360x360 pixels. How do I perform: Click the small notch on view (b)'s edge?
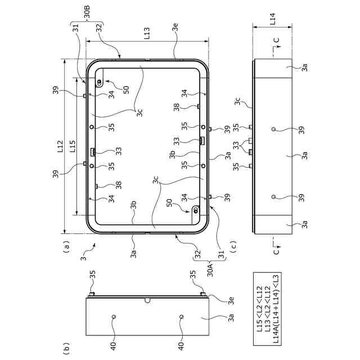click(x=148, y=300)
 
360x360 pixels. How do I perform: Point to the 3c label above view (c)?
click(x=237, y=102)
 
